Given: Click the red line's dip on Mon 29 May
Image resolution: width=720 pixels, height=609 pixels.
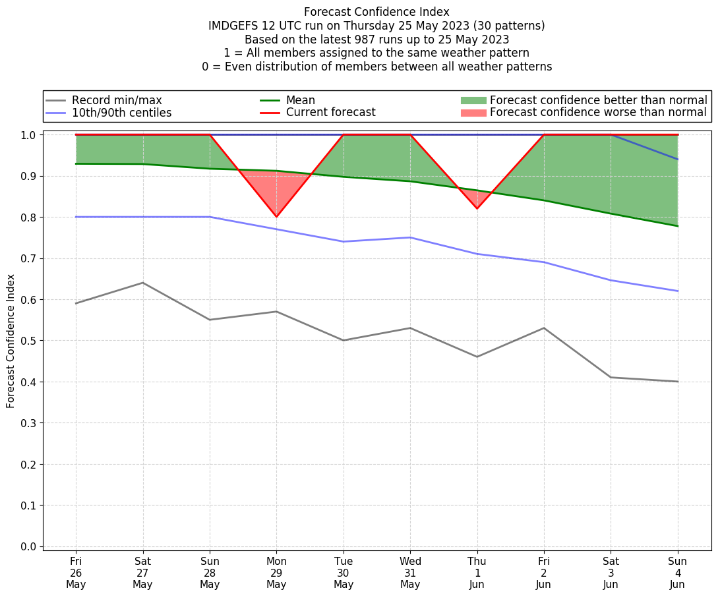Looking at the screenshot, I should click(x=276, y=217).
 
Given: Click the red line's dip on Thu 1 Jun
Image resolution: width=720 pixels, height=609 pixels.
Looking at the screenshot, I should click(x=477, y=208).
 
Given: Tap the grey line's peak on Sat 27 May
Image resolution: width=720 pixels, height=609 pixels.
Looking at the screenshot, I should click(x=142, y=283).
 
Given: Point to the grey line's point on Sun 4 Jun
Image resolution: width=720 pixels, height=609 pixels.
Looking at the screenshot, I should click(x=677, y=382).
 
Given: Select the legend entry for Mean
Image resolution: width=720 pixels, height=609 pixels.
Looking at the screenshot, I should click(x=300, y=100).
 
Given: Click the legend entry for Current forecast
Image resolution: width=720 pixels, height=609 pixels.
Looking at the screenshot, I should click(x=330, y=113).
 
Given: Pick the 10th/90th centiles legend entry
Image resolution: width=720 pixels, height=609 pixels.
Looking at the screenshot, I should click(x=121, y=113).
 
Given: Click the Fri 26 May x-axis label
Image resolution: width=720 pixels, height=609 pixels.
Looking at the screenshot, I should click(x=76, y=573).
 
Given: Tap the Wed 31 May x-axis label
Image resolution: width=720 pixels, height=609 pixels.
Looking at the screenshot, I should click(x=410, y=573).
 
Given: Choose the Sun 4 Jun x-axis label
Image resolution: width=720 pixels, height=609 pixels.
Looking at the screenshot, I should click(x=677, y=573).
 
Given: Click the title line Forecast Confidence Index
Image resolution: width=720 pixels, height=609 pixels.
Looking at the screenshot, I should click(x=376, y=12).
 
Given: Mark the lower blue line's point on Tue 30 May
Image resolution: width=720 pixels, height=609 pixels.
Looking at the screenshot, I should click(x=344, y=241).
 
